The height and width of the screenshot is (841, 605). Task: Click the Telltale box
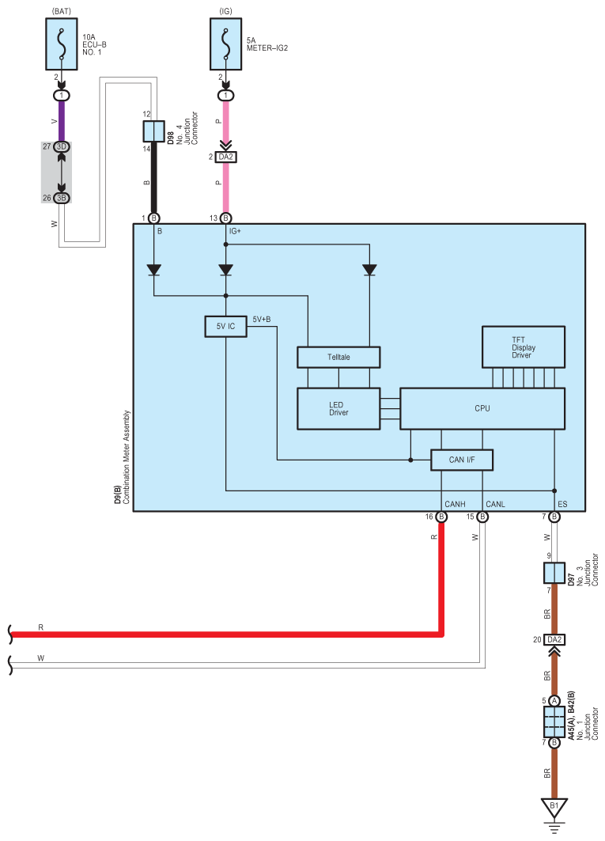point(338,357)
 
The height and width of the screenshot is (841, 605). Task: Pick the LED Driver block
point(338,408)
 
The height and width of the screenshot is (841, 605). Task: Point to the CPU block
point(482,408)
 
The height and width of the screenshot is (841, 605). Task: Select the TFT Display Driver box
point(524,347)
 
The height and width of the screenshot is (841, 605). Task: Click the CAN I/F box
point(462,460)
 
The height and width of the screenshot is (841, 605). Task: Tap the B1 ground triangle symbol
point(554,808)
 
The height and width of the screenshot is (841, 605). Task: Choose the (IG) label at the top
point(226,10)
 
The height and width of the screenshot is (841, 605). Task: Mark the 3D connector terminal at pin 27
point(62,147)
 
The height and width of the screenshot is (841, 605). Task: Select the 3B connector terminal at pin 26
point(62,198)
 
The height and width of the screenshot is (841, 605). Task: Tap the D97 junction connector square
point(554,573)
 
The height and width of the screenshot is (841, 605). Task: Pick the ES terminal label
point(562,503)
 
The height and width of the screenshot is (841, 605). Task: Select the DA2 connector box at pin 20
point(554,639)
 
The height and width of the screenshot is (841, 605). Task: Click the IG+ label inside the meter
point(235,231)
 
